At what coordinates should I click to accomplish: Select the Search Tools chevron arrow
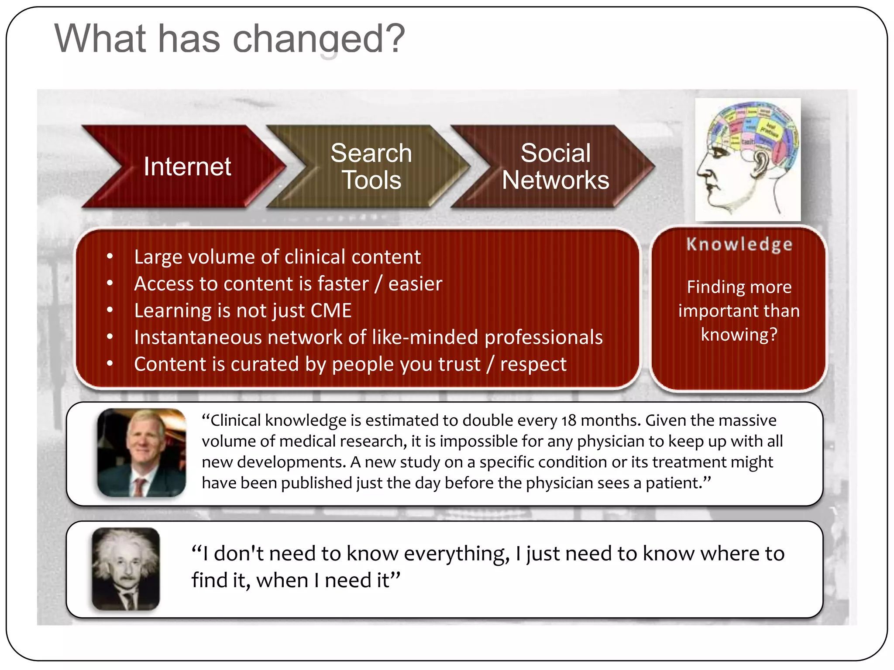pyautogui.click(x=371, y=167)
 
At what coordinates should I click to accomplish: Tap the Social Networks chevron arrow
pyautogui.click(x=555, y=167)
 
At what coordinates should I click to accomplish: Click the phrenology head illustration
pyautogui.click(x=748, y=160)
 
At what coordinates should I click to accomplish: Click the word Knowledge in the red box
pyautogui.click(x=739, y=244)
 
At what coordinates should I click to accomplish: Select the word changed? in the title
pyautogui.click(x=319, y=39)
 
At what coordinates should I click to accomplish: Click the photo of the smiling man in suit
pyautogui.click(x=141, y=452)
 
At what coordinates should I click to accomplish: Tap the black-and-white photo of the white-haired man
pyautogui.click(x=126, y=569)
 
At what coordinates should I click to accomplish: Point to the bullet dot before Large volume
pyautogui.click(x=110, y=256)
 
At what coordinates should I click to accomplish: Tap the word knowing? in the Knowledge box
pyautogui.click(x=739, y=335)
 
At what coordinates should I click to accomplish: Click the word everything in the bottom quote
pyautogui.click(x=457, y=554)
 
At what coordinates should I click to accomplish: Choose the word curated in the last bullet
pyautogui.click(x=265, y=364)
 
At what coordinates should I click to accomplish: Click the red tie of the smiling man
pyautogui.click(x=139, y=486)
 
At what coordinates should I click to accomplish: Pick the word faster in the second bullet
pyautogui.click(x=343, y=284)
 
